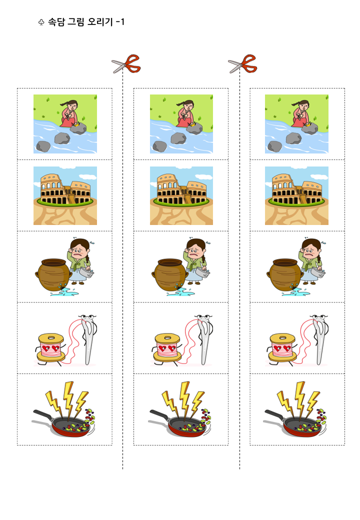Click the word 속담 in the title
(x=56, y=22)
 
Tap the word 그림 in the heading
(x=76, y=22)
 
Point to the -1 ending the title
(x=120, y=22)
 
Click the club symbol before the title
(x=41, y=22)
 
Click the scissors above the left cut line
(x=126, y=63)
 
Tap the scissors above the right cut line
(x=242, y=63)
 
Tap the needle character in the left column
(x=89, y=339)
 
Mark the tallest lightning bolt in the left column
(x=69, y=398)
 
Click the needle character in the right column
(x=320, y=339)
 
